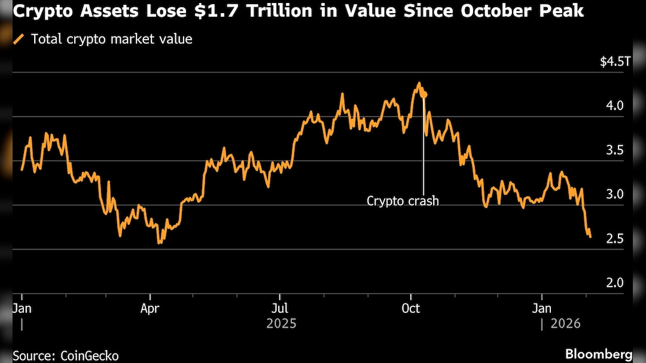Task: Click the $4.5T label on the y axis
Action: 615,62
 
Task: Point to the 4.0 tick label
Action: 615,106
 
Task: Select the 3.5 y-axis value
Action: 615,150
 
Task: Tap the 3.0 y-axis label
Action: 615,194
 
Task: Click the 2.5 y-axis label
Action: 615,239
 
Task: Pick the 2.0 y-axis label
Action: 615,283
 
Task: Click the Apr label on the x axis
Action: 150,309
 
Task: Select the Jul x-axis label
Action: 279,309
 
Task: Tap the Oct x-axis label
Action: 410,309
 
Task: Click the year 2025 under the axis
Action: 281,324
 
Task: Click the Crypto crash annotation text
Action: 403,201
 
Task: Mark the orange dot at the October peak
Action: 423,94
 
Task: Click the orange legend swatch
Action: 19,39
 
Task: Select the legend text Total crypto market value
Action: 111,39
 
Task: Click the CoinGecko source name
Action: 90,355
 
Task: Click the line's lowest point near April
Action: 159,243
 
